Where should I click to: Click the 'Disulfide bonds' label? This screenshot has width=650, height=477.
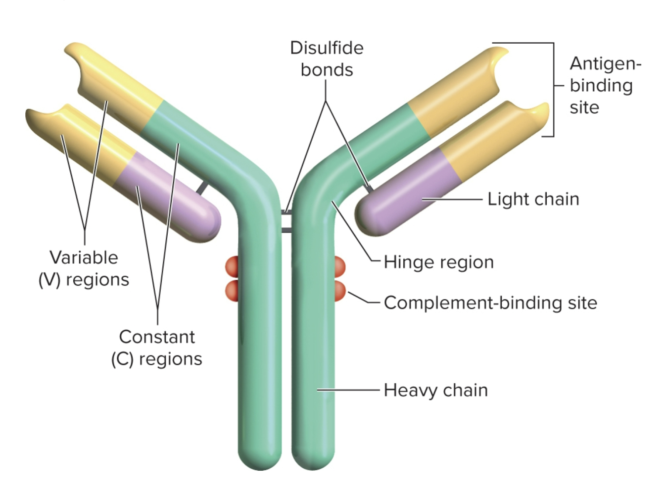(x=326, y=59)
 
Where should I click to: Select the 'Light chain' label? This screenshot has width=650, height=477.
(x=533, y=199)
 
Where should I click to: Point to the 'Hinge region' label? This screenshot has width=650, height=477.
(x=439, y=262)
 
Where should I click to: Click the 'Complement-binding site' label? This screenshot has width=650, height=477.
(x=490, y=303)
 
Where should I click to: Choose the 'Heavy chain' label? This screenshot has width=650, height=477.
(x=435, y=390)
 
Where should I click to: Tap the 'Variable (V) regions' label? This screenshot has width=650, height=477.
(x=84, y=268)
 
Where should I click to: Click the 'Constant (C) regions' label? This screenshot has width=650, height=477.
(x=156, y=348)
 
